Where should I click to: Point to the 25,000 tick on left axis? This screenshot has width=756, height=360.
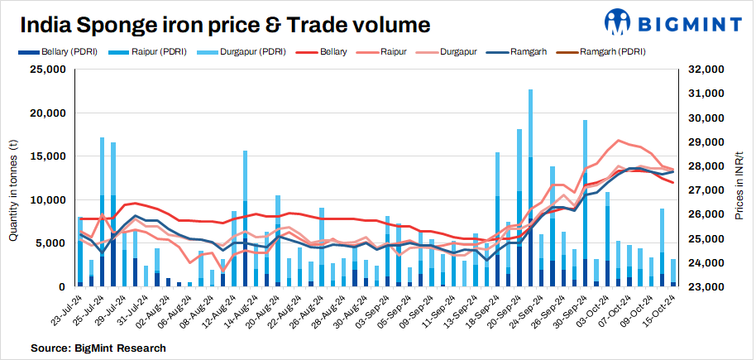(48, 70)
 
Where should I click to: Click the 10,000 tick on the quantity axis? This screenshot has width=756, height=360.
(48, 200)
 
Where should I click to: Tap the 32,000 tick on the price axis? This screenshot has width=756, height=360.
(704, 70)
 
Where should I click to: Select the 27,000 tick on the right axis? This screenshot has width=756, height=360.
(704, 190)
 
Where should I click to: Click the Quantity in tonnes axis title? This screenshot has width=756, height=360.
(13, 179)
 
